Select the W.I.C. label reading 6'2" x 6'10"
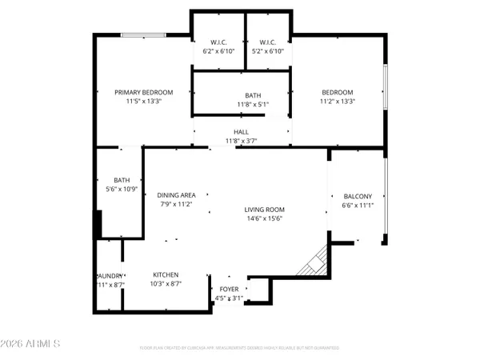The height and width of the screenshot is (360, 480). coord(218,42)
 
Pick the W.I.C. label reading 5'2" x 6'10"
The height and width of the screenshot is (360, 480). coord(267,42)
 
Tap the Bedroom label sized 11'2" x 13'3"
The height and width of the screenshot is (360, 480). coord(336,93)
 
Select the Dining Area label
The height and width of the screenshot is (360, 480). coord(176,195)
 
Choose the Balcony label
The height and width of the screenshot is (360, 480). coord(357,196)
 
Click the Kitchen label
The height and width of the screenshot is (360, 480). coord(166,275)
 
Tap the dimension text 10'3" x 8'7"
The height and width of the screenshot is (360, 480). coord(166,285)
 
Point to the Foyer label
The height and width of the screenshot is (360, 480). coord(229,289)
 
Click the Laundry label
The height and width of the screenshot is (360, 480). coord(107,275)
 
